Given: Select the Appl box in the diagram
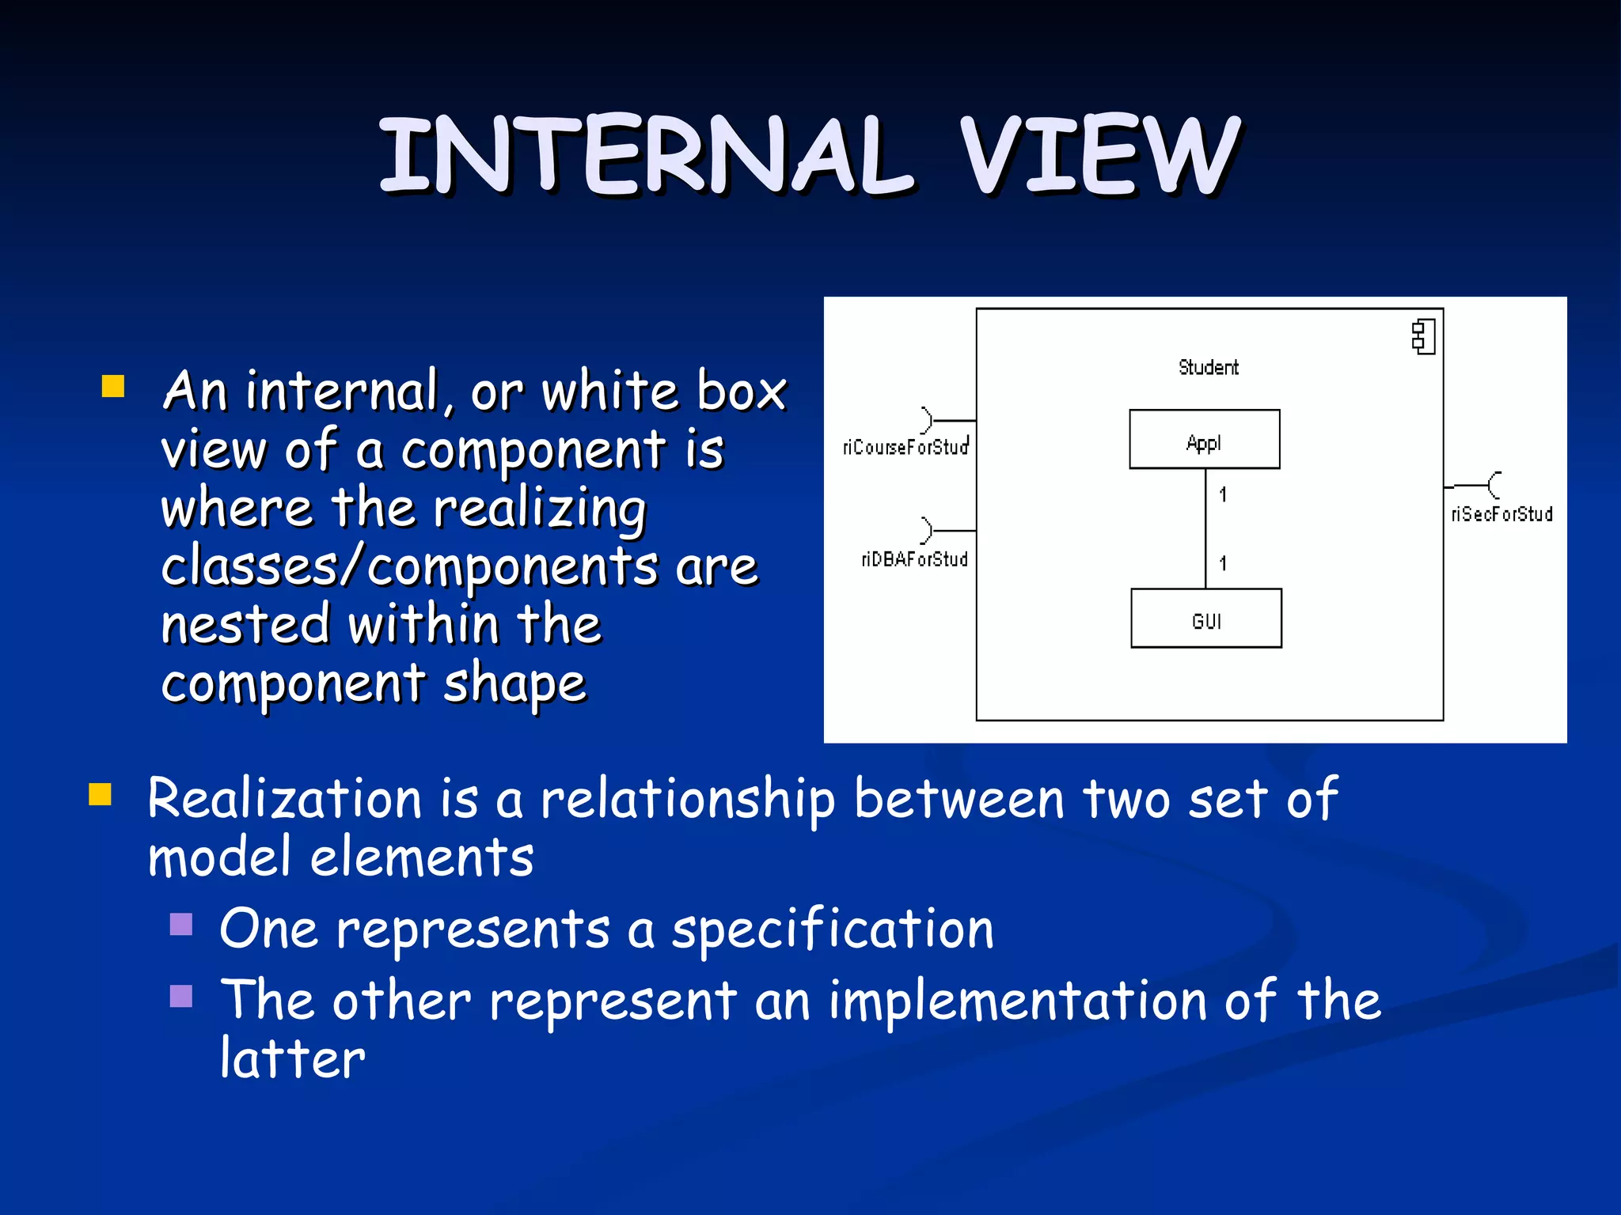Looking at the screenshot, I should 1204,440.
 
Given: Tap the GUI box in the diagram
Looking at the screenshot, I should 1205,619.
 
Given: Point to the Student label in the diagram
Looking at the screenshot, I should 1208,368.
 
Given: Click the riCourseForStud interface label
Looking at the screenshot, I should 905,448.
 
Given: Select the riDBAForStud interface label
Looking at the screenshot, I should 914,560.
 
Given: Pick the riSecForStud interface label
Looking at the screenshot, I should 1501,515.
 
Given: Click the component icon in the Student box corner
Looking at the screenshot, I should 1423,337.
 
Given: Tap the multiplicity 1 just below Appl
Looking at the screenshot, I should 1223,495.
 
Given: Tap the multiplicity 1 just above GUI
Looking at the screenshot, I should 1223,564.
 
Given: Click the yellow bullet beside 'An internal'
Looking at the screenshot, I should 113,386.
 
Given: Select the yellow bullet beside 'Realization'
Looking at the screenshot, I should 100,793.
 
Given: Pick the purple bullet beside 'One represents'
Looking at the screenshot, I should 181,924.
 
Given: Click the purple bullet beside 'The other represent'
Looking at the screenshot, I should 181,996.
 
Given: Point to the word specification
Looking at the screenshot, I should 833,929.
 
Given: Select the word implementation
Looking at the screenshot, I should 1018,1001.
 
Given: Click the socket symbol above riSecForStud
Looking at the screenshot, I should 1493,484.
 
